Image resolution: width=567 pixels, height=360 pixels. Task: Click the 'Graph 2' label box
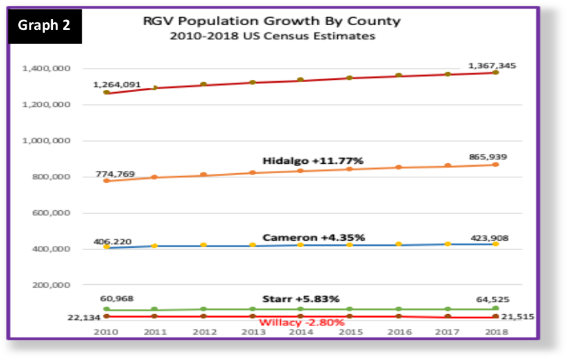coord(45,25)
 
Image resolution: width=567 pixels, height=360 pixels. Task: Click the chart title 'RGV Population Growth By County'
coord(272,21)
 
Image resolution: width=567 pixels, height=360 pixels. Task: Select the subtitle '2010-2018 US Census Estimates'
coord(272,36)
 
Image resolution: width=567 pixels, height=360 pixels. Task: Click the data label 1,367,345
coord(492,66)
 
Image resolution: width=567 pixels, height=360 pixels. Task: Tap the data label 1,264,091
coord(117,85)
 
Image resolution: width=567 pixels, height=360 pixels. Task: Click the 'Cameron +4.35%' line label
coord(314,237)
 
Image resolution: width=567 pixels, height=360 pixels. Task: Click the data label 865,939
coord(488,157)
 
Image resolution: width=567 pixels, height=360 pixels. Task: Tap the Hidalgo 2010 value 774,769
coord(116,174)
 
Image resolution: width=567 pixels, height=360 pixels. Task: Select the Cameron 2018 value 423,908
coord(488,238)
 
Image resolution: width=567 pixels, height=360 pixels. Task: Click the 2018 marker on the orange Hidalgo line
coord(495,164)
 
